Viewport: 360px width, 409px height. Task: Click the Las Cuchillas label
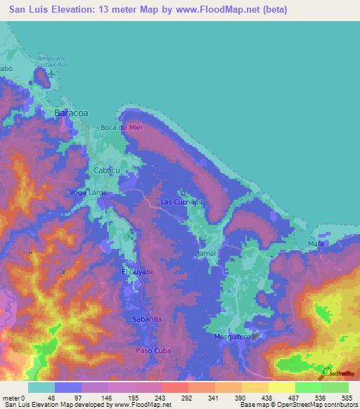[x=181, y=202]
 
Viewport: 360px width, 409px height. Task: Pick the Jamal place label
[x=206, y=252]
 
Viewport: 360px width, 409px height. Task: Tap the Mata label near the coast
[x=316, y=243]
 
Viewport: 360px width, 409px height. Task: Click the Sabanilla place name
[x=147, y=319]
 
